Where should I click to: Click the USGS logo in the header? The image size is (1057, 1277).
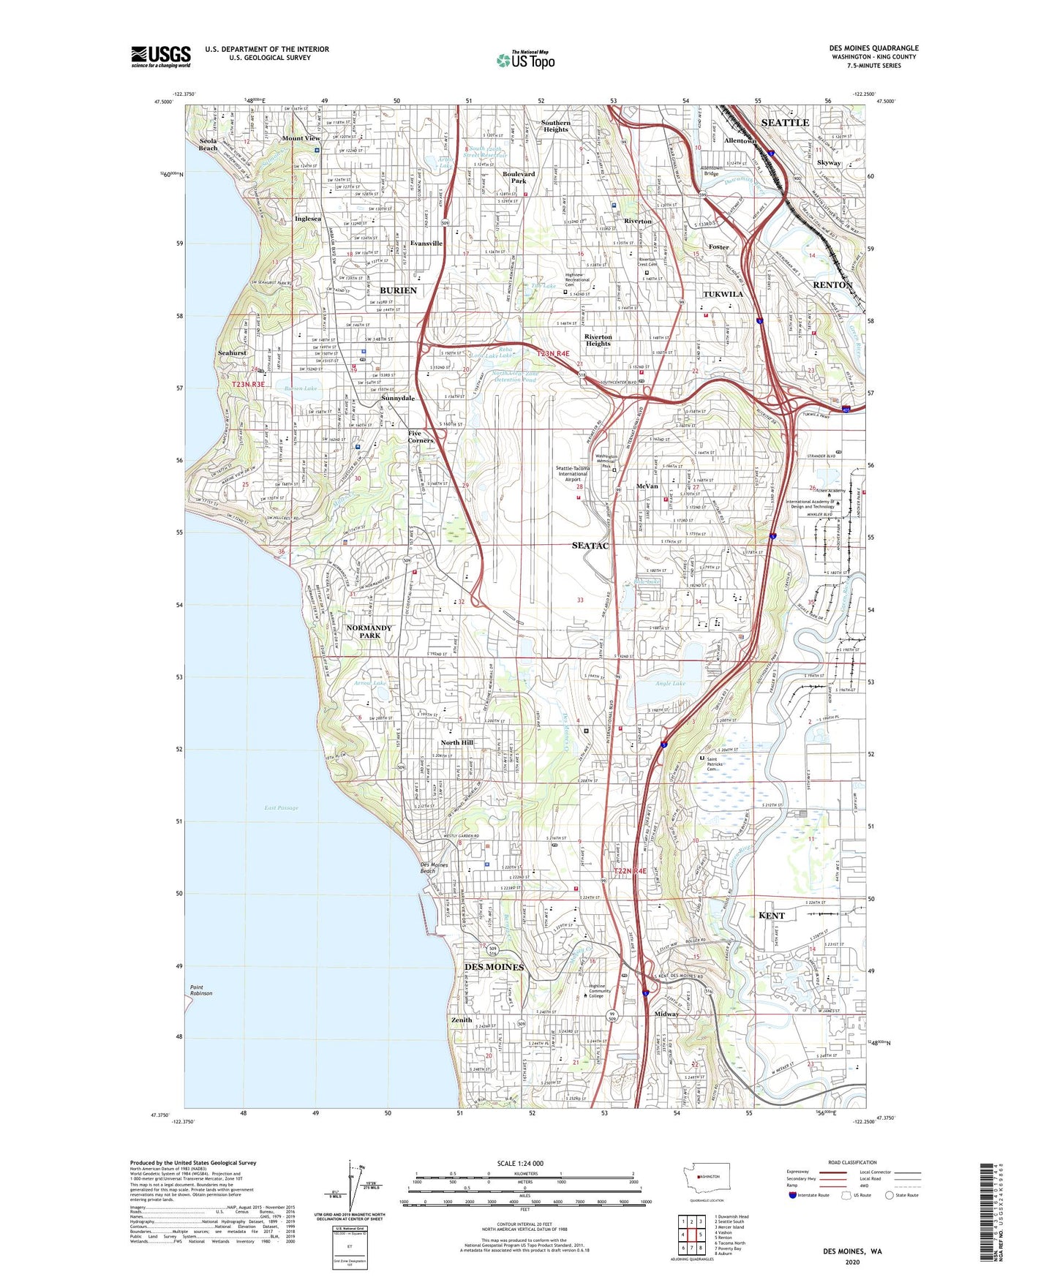point(160,56)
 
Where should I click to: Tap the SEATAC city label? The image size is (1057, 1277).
point(590,546)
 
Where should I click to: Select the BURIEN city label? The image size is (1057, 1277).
point(398,290)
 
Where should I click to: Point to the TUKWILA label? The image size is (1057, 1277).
point(723,294)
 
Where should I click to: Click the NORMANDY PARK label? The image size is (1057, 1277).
point(369,632)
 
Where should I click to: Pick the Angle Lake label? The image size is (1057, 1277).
point(670,684)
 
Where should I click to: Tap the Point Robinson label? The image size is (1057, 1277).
point(201,990)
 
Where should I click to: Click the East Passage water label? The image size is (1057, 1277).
point(282,807)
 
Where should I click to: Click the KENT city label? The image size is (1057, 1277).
point(771,916)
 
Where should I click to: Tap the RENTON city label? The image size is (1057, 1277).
point(832,285)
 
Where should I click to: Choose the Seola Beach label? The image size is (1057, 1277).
point(208,144)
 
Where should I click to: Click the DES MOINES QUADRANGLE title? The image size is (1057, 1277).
point(873,48)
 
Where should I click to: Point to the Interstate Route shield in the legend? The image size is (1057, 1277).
point(794,1196)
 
